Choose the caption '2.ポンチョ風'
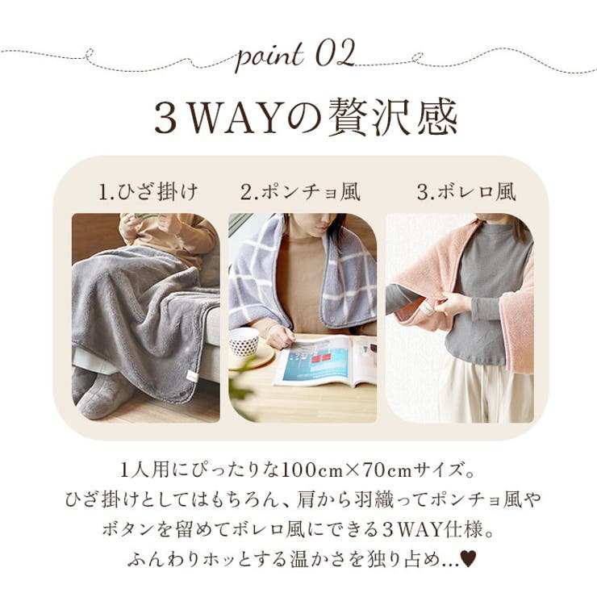(300, 193)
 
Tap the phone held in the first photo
(148, 218)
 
